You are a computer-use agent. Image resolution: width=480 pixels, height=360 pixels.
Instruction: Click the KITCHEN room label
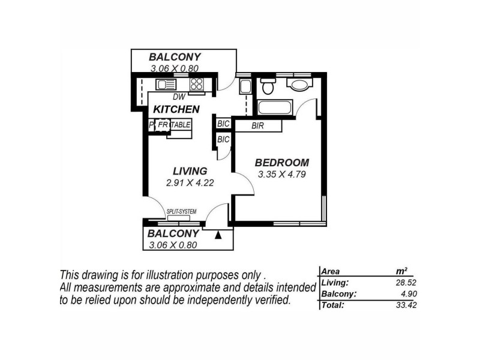pos(176,109)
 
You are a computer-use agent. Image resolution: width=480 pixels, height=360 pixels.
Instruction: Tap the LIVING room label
pos(190,171)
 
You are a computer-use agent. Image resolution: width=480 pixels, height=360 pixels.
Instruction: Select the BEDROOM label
pos(282,163)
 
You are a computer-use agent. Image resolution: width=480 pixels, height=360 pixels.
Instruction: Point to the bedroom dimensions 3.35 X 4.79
pos(282,175)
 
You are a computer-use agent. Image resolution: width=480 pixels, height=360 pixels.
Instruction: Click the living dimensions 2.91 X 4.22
pos(190,183)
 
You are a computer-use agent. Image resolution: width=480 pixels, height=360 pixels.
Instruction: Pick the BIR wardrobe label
pos(259,127)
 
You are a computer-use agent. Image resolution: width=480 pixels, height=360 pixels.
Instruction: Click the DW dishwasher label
pos(178,97)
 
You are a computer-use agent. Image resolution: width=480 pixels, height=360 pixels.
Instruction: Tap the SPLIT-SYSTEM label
pos(181,211)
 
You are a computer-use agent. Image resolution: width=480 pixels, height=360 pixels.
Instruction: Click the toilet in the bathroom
pos(268,88)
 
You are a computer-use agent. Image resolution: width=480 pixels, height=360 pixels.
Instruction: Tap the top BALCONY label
pos(175,58)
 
